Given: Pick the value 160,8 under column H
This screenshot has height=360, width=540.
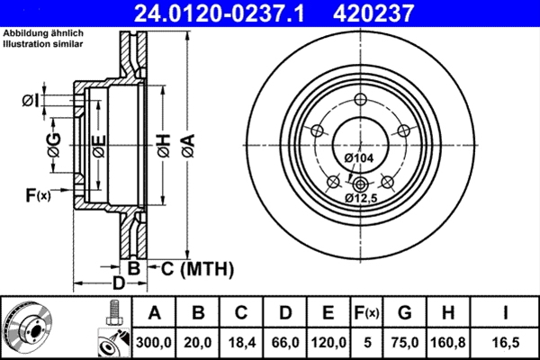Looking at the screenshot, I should pyautogui.click(x=449, y=342).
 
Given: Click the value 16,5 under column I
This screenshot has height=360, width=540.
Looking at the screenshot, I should pyautogui.click(x=506, y=342).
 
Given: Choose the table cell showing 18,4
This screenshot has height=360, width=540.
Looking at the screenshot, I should pyautogui.click(x=241, y=342).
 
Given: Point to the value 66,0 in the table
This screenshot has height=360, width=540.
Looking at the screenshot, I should pyautogui.click(x=284, y=342).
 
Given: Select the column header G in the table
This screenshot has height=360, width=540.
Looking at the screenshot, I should pyautogui.click(x=405, y=313).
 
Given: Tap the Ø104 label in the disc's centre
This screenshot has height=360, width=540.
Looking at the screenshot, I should pyautogui.click(x=359, y=158).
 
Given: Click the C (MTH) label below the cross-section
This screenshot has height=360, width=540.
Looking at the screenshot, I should pyautogui.click(x=197, y=267).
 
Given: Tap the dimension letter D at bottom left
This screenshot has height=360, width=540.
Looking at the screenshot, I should pyautogui.click(x=117, y=285).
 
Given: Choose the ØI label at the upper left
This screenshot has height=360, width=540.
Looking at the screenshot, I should pyautogui.click(x=31, y=101).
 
